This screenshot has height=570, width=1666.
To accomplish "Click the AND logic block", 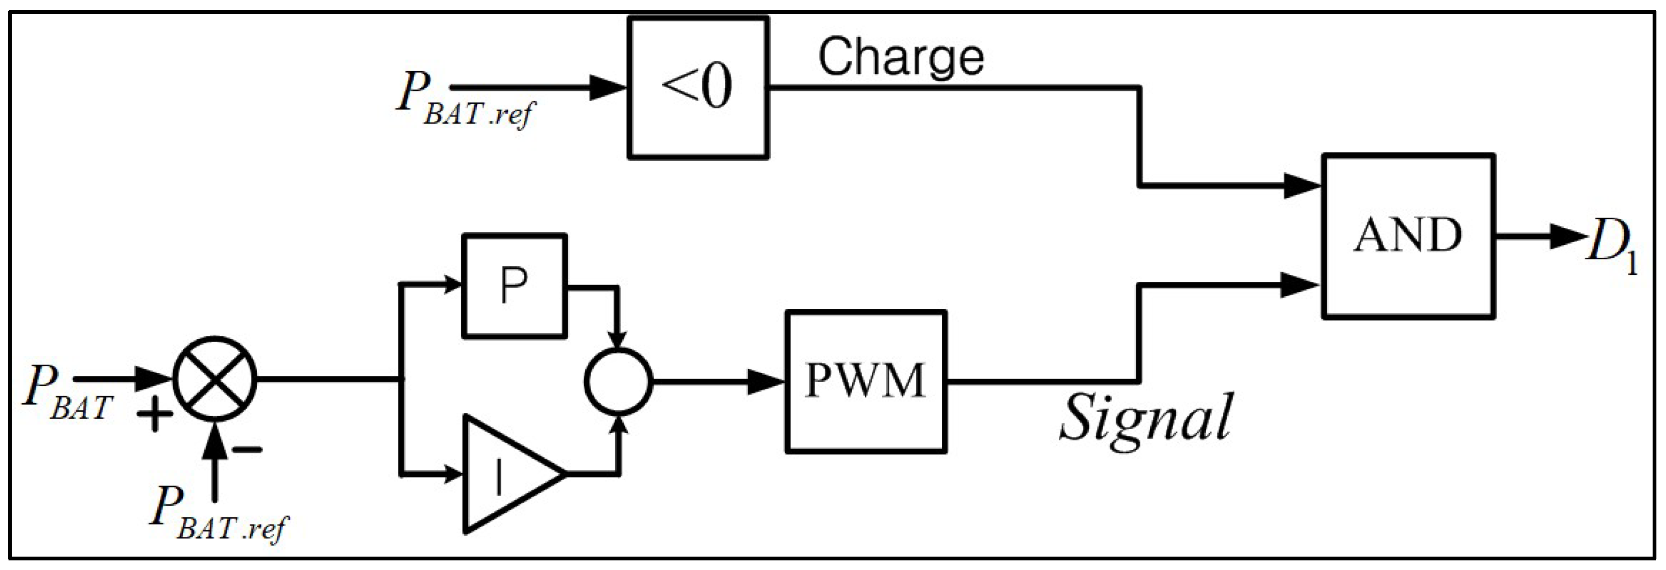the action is (1408, 235).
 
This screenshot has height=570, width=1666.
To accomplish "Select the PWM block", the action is (866, 381).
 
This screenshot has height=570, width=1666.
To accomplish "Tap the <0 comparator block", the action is (699, 87).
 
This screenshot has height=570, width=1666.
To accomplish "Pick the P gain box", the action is (514, 286).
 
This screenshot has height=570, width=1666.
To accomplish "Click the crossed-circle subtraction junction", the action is (215, 379).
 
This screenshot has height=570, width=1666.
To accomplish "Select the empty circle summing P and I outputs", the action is (618, 381).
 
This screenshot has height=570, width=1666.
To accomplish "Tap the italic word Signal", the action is (1146, 417).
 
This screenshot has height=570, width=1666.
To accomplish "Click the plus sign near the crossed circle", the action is (154, 413).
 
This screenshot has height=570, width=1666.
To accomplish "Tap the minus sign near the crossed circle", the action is (247, 449).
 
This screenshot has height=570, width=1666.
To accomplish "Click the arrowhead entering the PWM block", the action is (766, 381).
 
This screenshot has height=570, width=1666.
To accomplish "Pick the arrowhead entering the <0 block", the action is (609, 87).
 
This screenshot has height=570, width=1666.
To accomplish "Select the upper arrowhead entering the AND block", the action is (1303, 186).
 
